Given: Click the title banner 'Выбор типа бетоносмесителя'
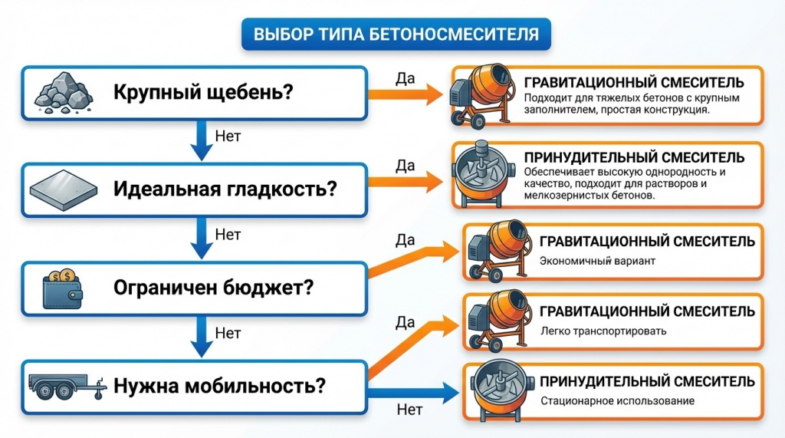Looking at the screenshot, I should coord(396,34).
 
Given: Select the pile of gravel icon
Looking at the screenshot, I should coord(63,93).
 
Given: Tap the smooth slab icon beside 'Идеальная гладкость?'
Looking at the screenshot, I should coord(63,188).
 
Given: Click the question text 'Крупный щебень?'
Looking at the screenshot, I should coord(202,93).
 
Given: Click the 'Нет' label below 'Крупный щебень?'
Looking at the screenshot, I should coord(228,137).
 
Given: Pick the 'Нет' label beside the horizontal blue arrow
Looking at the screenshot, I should coord(410,410).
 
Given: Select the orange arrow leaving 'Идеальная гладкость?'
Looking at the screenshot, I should coord(406,182).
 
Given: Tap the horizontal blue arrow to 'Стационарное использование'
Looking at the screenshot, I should coord(414,394).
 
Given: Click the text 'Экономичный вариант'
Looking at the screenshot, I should coord(597,262).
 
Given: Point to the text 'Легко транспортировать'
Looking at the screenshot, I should coord(603,331).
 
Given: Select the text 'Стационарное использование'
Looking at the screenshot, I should coord(617,400).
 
